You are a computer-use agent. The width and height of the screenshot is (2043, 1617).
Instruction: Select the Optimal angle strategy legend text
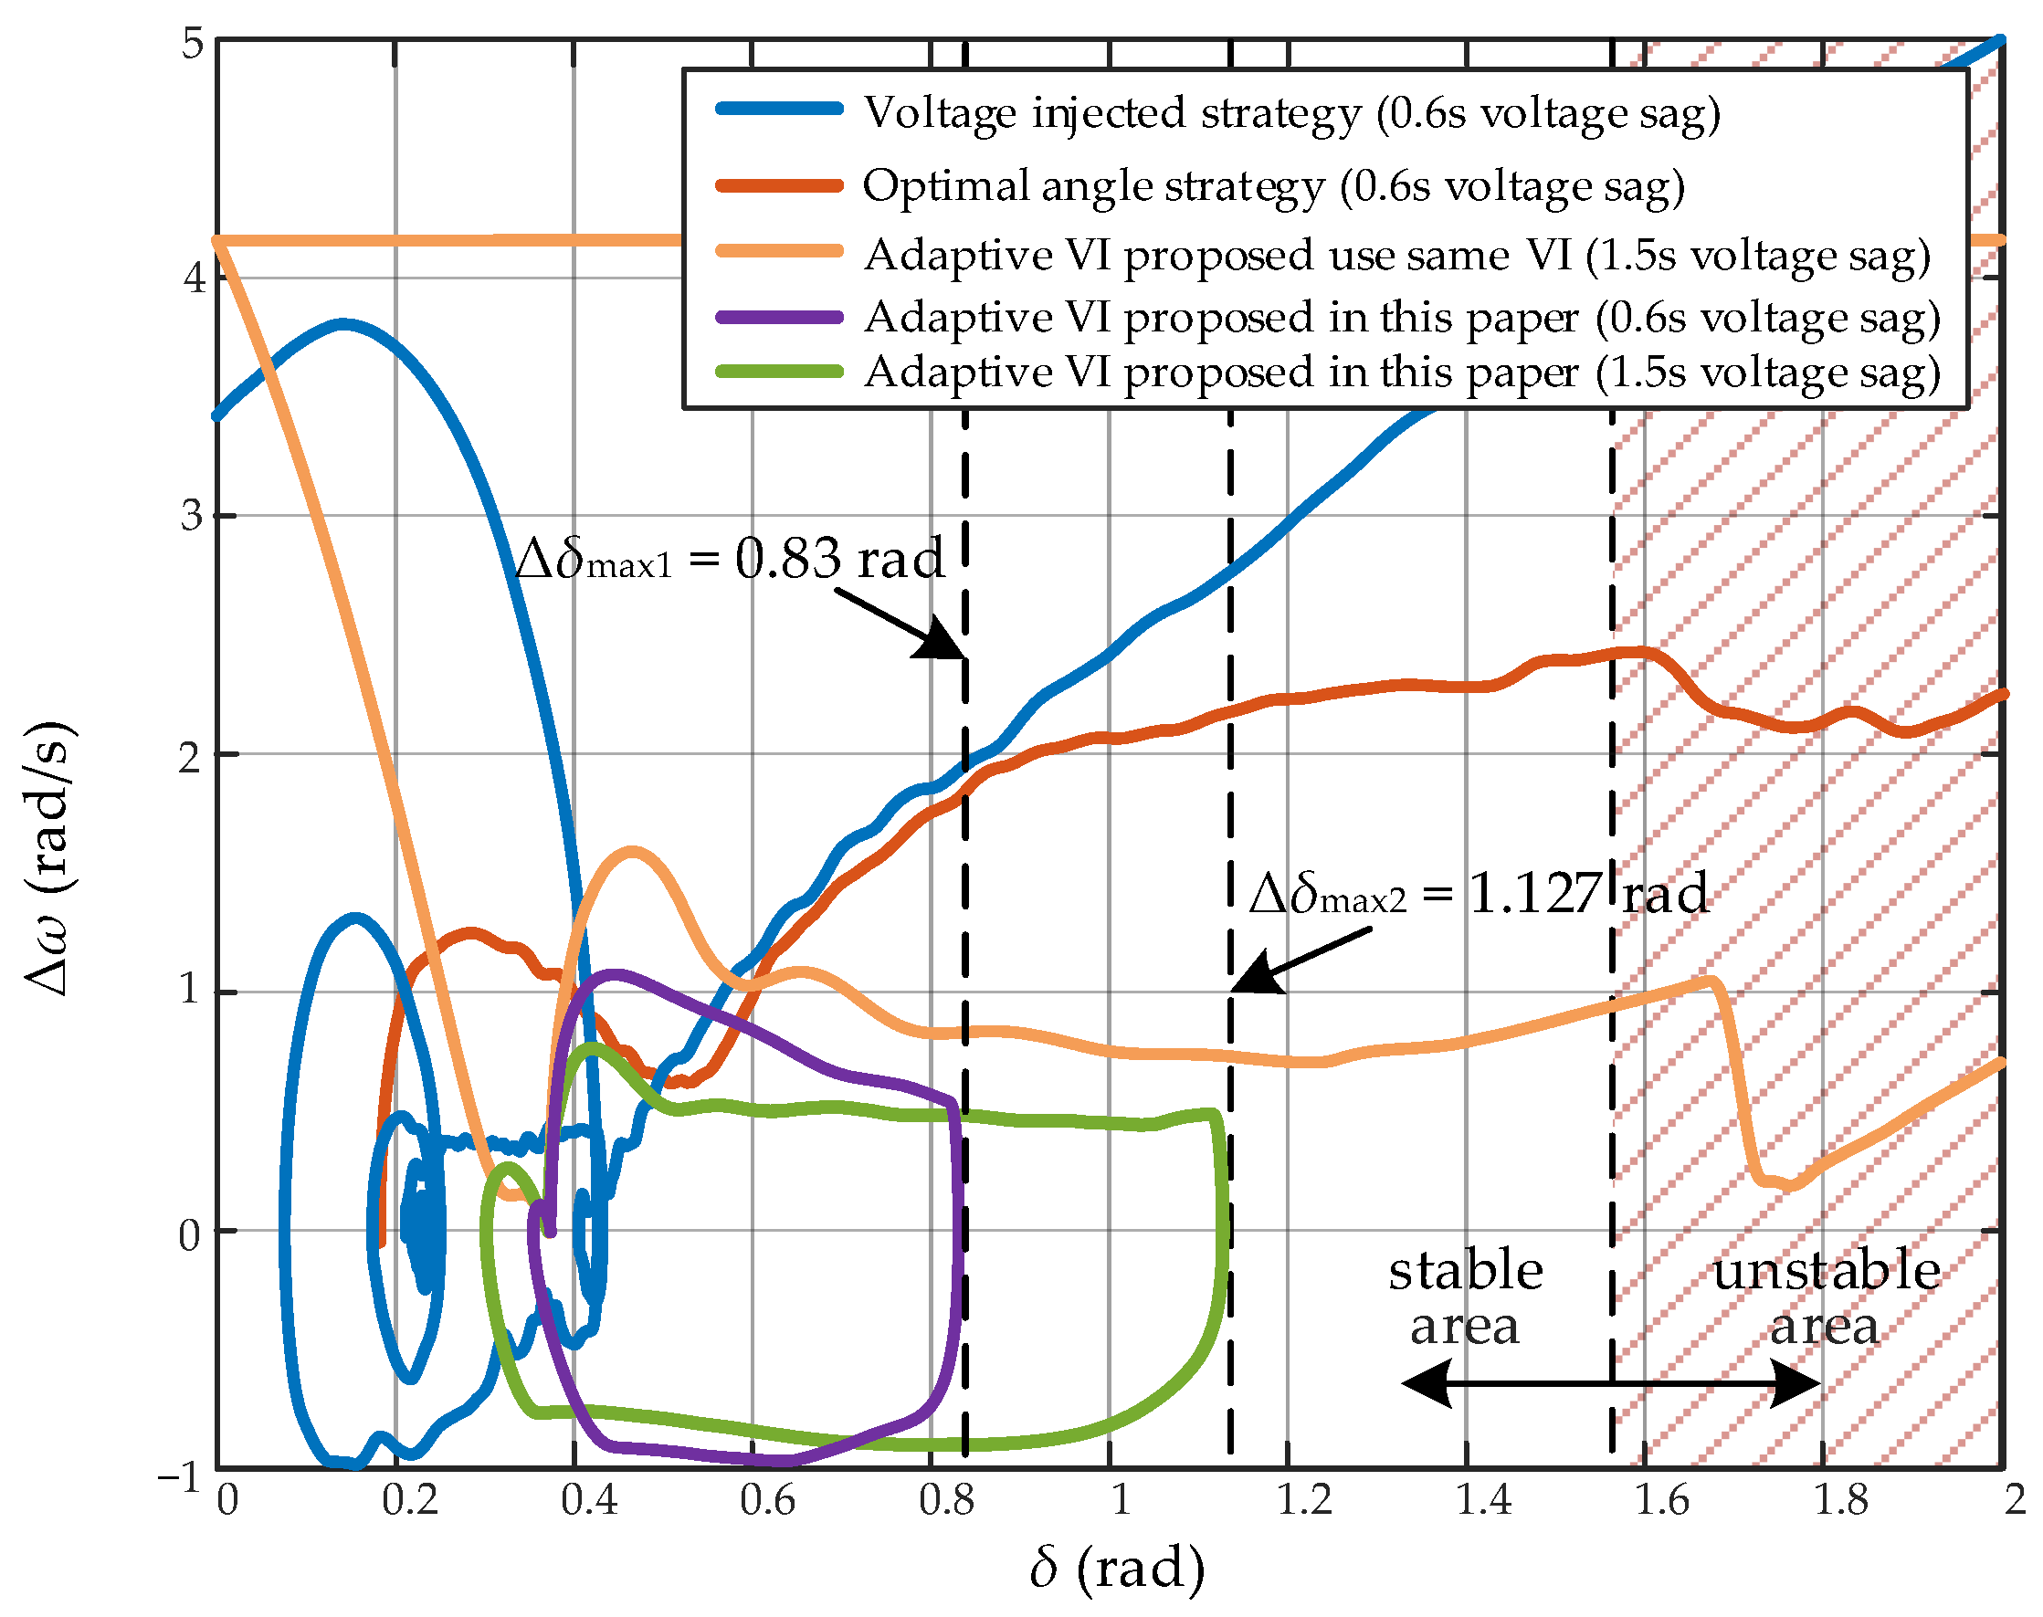pyautogui.click(x=1272, y=185)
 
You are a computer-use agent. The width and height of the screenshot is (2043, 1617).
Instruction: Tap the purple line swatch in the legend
pyautogui.click(x=779, y=317)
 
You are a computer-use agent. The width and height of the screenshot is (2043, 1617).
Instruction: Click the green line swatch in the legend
pyautogui.click(x=779, y=372)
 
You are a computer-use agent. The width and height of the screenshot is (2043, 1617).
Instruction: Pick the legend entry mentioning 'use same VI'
pyautogui.click(x=1396, y=256)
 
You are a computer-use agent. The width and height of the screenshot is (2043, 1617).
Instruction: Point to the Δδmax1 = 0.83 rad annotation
pyautogui.click(x=729, y=559)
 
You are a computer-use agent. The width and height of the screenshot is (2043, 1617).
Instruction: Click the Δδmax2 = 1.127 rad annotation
pyautogui.click(x=1477, y=894)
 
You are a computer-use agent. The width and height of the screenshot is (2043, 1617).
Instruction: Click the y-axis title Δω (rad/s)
pyautogui.click(x=49, y=856)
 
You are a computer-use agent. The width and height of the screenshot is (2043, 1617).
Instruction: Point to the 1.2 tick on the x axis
pyautogui.click(x=1303, y=1500)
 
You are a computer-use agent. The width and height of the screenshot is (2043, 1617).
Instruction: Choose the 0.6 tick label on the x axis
pyautogui.click(x=767, y=1500)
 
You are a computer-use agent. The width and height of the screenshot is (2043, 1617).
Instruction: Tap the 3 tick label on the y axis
pyautogui.click(x=192, y=516)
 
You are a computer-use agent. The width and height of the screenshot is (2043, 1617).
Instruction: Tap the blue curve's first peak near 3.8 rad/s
pyautogui.click(x=345, y=325)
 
